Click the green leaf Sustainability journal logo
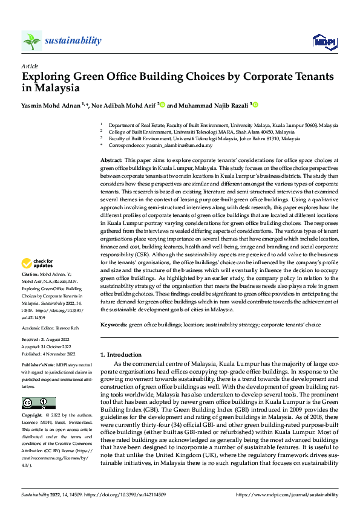[x=32, y=41]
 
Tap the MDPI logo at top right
[x=324, y=41]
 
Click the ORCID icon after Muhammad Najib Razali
[x=255, y=105]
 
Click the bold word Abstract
[x=112, y=158]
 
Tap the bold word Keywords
[x=114, y=325]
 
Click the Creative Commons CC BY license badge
[x=39, y=403]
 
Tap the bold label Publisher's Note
[x=38, y=366]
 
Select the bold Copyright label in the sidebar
[x=32, y=416]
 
